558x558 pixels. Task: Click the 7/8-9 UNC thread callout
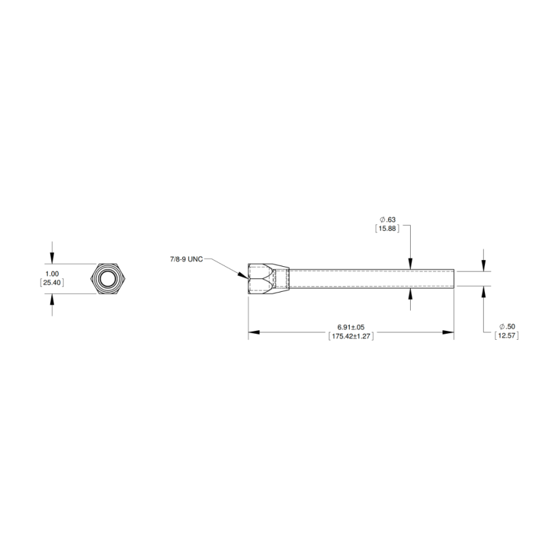click(x=186, y=259)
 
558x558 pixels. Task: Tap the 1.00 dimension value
click(x=52, y=274)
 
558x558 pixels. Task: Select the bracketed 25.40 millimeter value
click(x=52, y=283)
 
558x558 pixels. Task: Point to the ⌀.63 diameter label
click(x=388, y=220)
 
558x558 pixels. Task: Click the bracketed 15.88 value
click(x=387, y=228)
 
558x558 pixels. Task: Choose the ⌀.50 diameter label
click(x=507, y=326)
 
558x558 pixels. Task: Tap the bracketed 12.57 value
click(x=507, y=335)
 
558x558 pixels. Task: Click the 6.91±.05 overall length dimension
click(x=351, y=327)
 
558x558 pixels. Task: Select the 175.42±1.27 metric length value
click(x=351, y=336)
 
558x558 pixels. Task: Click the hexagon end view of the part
click(x=108, y=278)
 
